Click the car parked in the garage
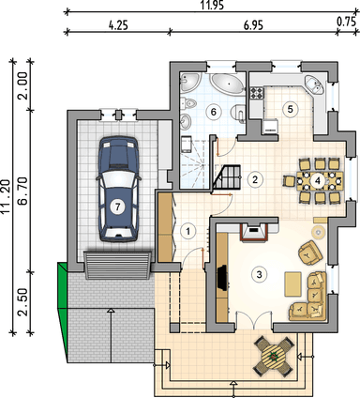pyautogui.click(x=118, y=190)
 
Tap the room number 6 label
pyautogui.click(x=214, y=112)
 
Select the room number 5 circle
pyautogui.click(x=291, y=109)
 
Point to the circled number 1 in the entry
pyautogui.click(x=187, y=229)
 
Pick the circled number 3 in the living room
pyautogui.click(x=259, y=274)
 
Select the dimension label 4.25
pyautogui.click(x=118, y=25)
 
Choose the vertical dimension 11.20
pyautogui.click(x=7, y=198)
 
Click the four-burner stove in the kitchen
pyautogui.click(x=260, y=91)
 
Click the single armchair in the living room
pyautogui.click(x=307, y=252)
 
